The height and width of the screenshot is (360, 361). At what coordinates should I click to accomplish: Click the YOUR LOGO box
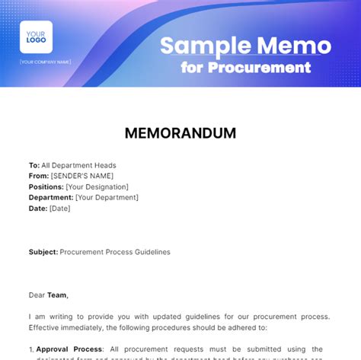click(x=37, y=37)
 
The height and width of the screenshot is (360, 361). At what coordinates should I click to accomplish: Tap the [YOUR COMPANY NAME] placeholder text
click(x=46, y=62)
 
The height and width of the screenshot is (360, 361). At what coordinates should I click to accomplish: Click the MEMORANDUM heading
click(x=180, y=133)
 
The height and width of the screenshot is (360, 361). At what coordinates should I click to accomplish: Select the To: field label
click(x=34, y=165)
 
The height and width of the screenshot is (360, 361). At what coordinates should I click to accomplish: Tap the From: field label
click(x=39, y=176)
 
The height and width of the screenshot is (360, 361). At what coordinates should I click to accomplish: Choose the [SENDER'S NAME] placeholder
click(x=81, y=176)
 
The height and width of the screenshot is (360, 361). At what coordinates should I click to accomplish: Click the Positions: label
click(x=46, y=186)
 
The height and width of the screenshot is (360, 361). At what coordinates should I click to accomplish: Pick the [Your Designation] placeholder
click(x=97, y=186)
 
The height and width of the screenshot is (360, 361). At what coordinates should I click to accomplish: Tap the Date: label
click(x=38, y=208)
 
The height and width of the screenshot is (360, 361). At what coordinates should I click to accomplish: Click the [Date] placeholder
click(x=60, y=208)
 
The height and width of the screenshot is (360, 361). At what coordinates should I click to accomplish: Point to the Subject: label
click(x=43, y=251)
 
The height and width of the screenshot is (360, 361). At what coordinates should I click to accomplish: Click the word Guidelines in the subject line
click(x=150, y=251)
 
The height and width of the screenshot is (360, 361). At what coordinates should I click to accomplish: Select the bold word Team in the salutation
click(x=57, y=295)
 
